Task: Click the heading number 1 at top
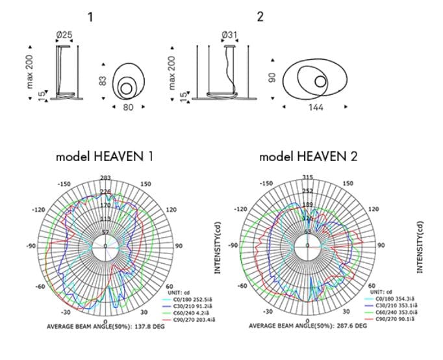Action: (90, 17)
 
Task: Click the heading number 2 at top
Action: (260, 17)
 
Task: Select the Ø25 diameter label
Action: (65, 33)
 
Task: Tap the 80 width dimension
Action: (127, 107)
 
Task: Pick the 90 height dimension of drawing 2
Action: (273, 77)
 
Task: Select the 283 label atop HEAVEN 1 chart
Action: (106, 177)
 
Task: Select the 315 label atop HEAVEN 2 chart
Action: (308, 177)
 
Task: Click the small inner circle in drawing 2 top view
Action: (320, 81)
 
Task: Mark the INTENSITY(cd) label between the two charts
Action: (219, 247)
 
